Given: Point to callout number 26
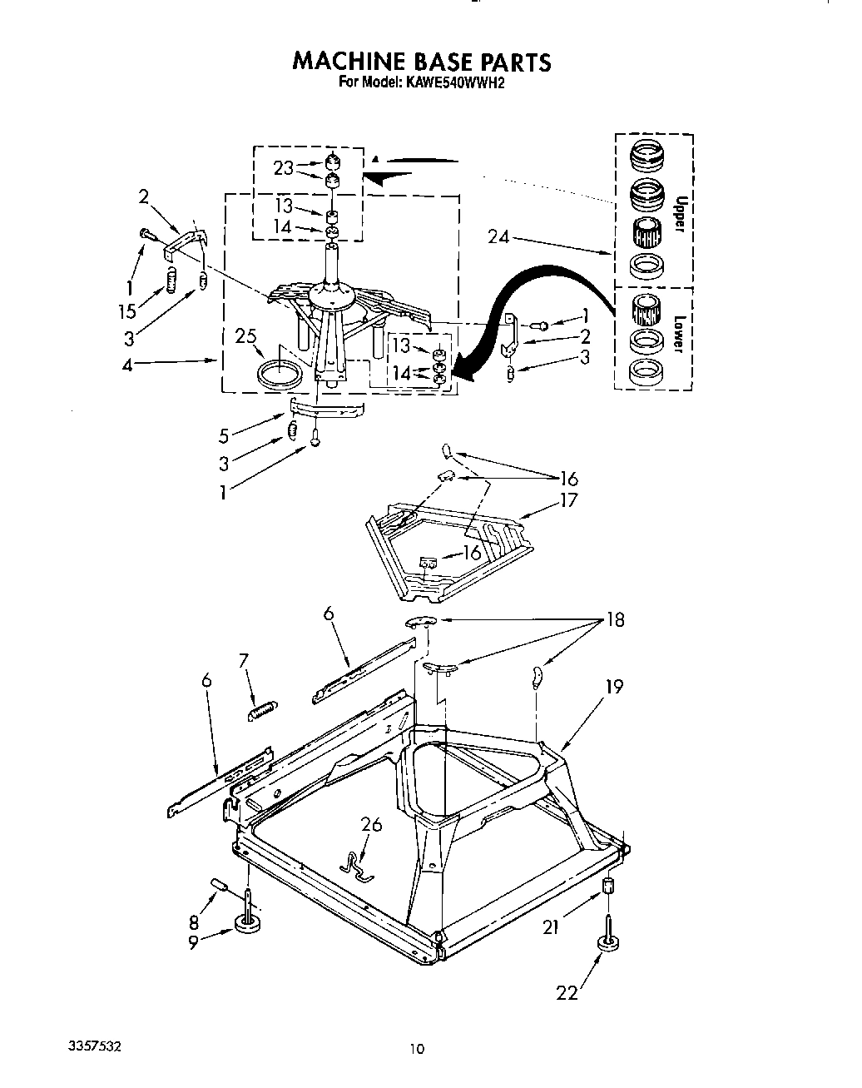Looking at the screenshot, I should (x=371, y=824).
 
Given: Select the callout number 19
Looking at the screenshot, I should (x=614, y=687).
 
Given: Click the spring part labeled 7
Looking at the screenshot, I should (x=264, y=709).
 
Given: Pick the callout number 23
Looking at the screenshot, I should (x=284, y=167).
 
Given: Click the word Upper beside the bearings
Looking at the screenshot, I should (x=680, y=214).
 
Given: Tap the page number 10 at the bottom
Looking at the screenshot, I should (x=417, y=1049).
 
